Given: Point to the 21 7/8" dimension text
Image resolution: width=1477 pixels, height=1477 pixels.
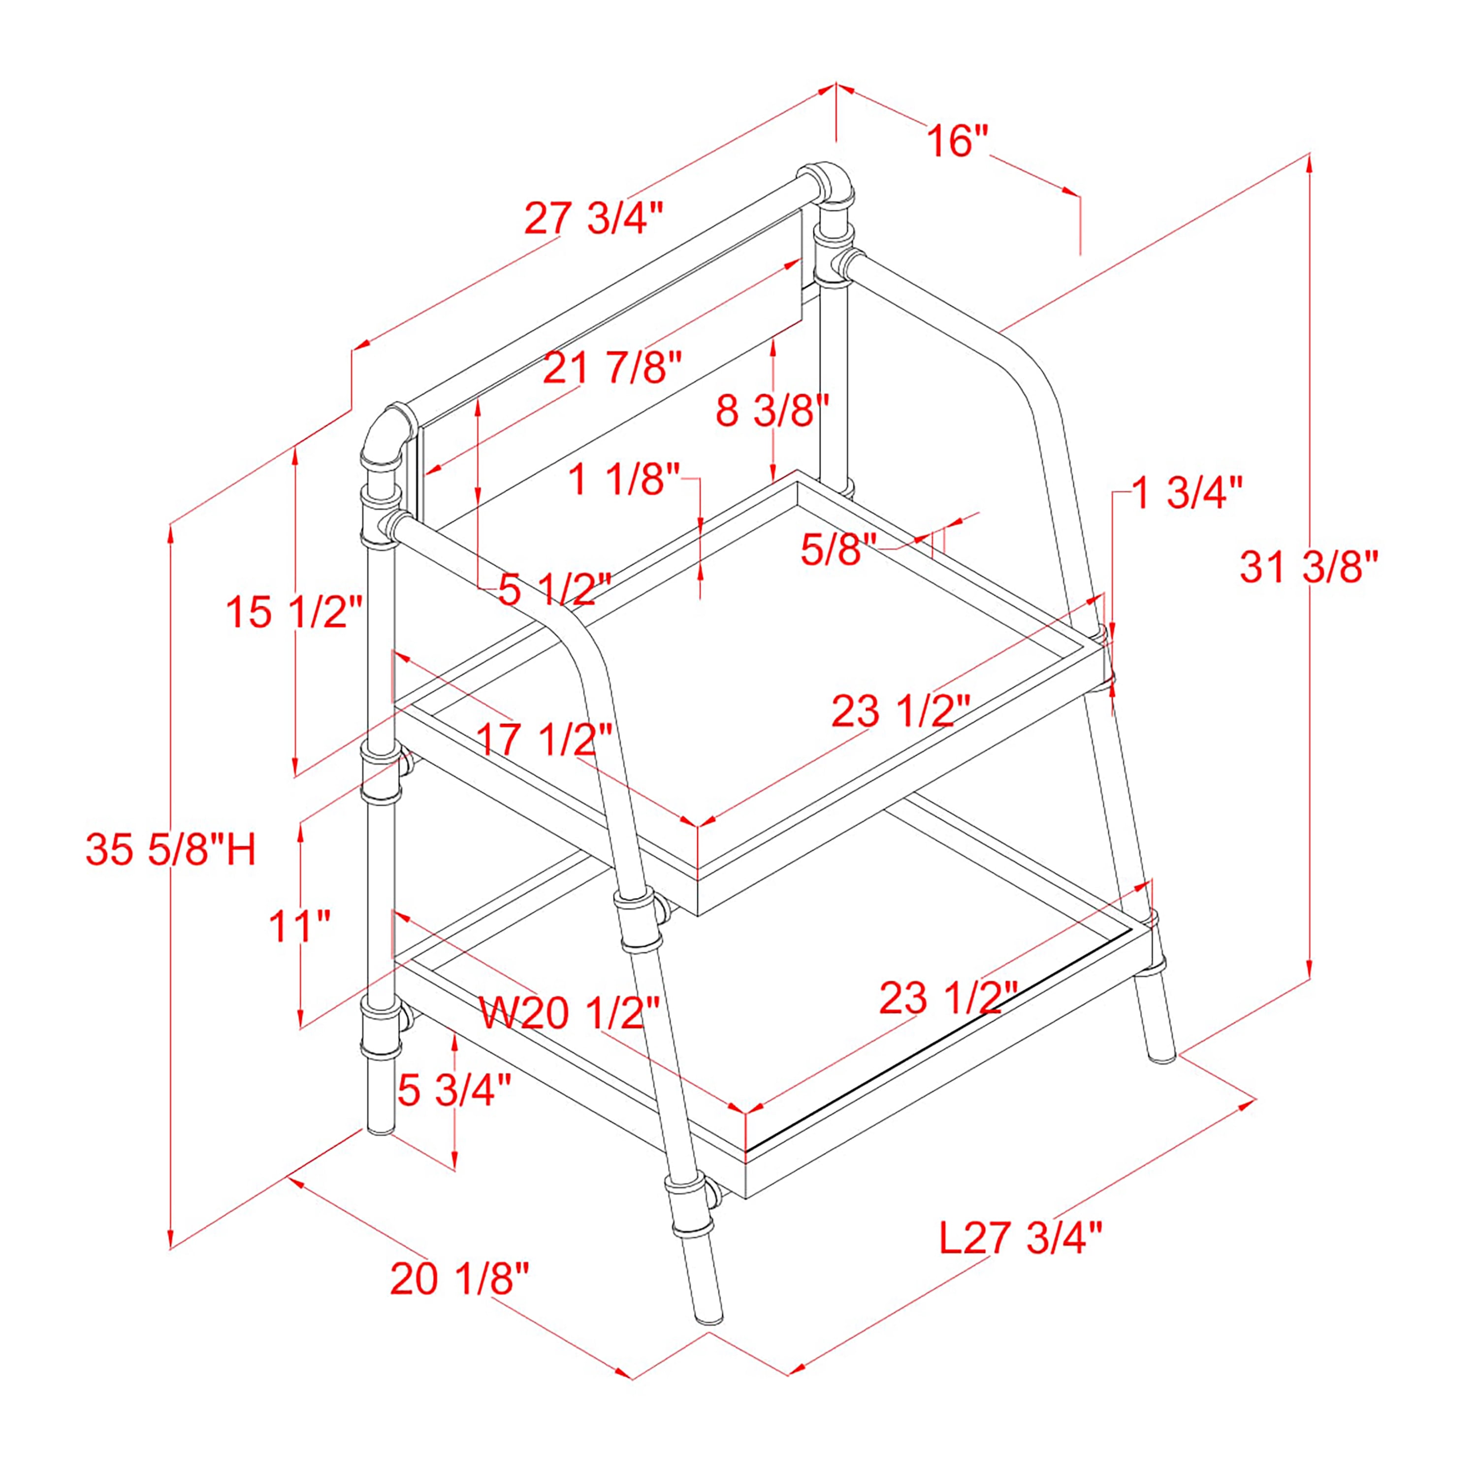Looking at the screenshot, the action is click(x=611, y=369).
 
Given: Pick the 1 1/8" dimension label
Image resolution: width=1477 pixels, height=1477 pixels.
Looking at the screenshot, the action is click(x=624, y=480).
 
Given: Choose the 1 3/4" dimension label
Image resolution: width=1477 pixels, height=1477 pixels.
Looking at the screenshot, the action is click(x=1187, y=493).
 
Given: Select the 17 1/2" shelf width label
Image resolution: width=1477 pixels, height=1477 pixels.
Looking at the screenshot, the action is click(x=545, y=739).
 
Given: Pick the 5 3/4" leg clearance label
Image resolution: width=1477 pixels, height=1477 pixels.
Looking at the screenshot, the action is click(x=454, y=1090).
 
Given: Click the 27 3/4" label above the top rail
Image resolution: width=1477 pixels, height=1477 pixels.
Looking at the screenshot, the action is click(x=592, y=219).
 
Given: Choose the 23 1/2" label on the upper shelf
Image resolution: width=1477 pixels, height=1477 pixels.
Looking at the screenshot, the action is click(x=900, y=711).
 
